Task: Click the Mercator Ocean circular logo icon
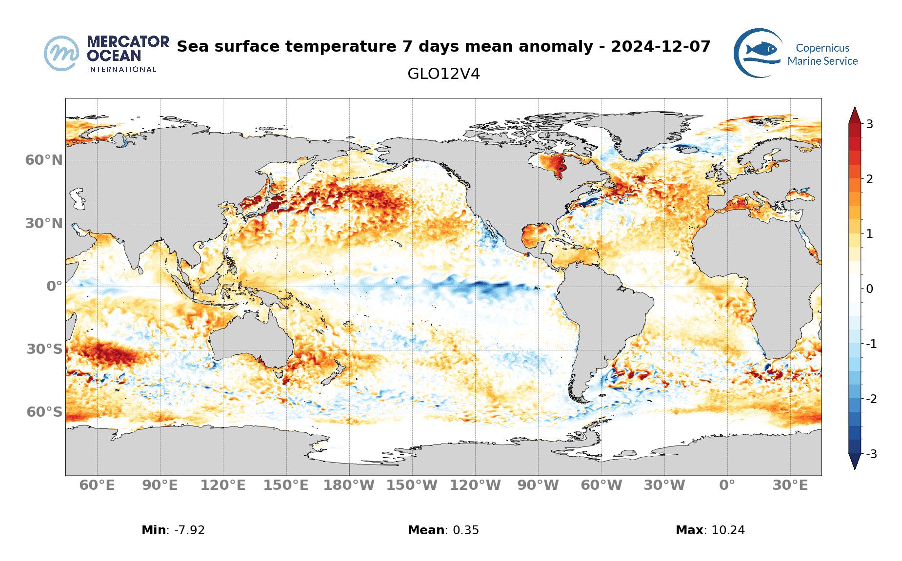[x=61, y=53]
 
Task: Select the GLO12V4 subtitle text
[x=443, y=74]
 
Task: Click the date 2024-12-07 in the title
[x=661, y=47]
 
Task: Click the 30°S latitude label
[x=44, y=349]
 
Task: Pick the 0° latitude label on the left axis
[x=54, y=286]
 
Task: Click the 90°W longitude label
[x=538, y=485]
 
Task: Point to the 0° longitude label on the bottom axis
[x=727, y=485]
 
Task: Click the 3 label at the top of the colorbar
[x=869, y=124]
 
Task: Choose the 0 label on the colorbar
[x=869, y=289]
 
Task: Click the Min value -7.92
[x=186, y=530]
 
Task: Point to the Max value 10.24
[x=728, y=530]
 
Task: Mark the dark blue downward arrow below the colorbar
[x=854, y=461]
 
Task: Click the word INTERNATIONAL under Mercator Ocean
[x=121, y=70]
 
